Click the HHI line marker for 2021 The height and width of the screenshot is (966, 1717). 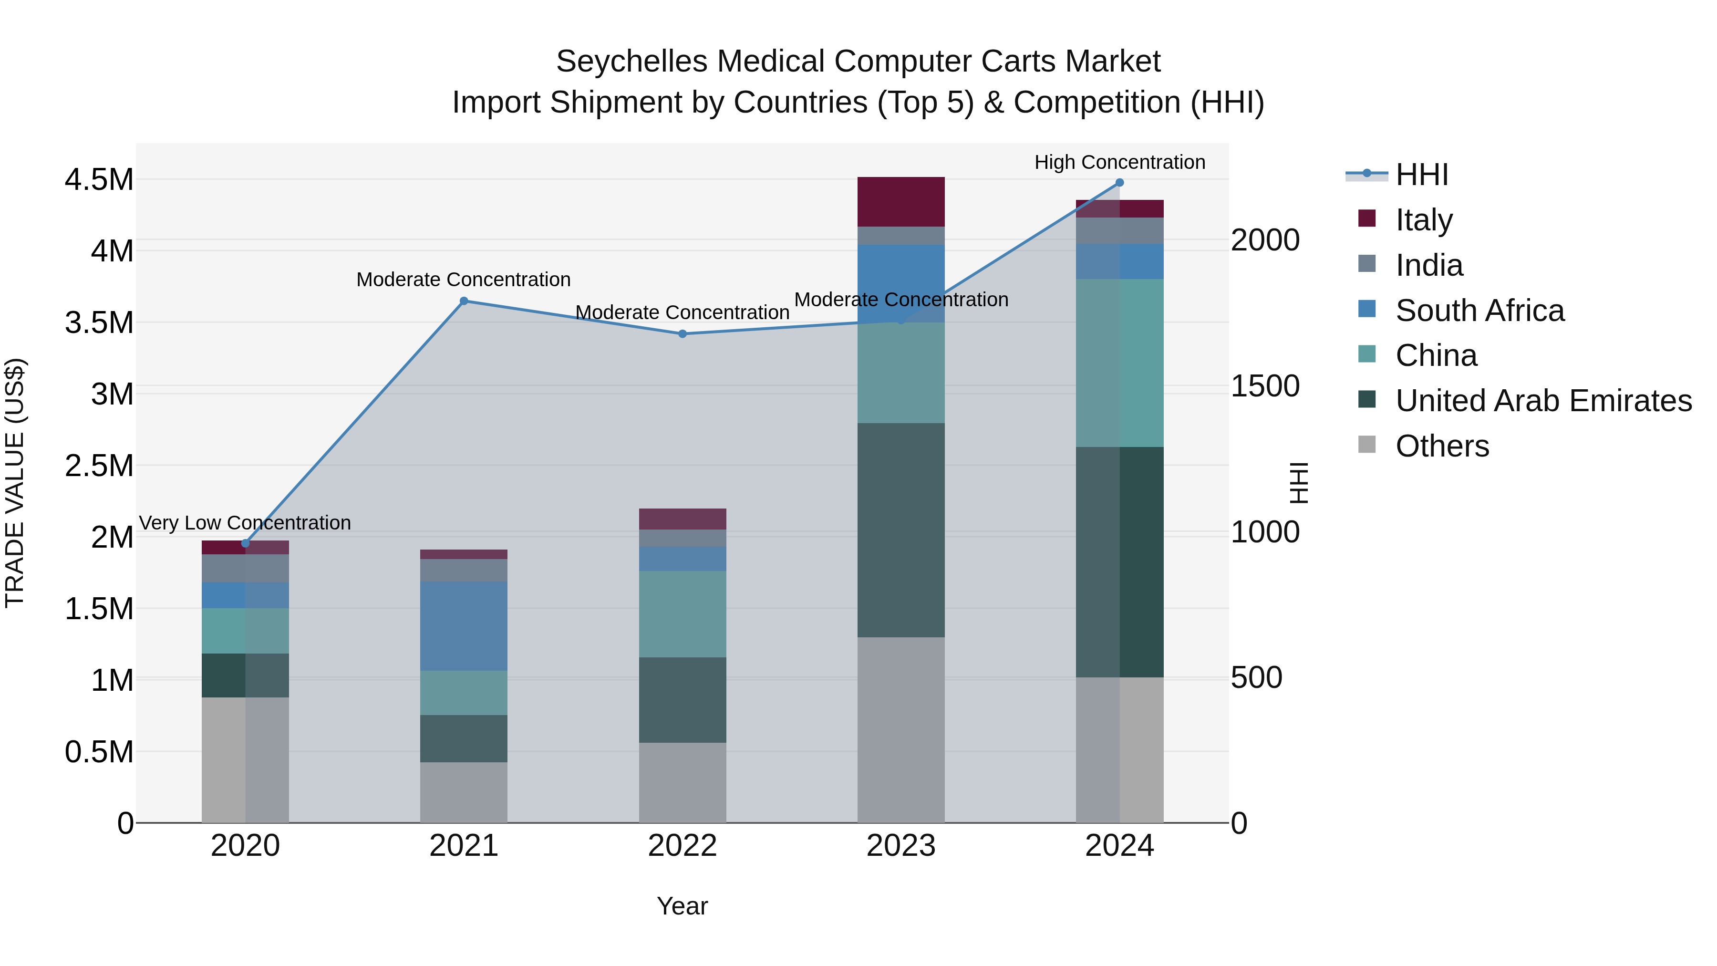(x=464, y=301)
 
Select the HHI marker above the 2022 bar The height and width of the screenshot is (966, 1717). (x=683, y=334)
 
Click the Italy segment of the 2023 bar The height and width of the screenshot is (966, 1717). (x=900, y=202)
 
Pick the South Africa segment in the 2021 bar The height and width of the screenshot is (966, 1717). (x=464, y=625)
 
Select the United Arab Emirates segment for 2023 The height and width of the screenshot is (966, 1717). (x=900, y=530)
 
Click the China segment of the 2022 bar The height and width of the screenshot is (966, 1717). (x=683, y=614)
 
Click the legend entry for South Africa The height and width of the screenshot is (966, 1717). (x=1479, y=311)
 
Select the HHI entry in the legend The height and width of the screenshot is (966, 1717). (x=1421, y=175)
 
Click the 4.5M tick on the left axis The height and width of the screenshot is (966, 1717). (x=99, y=180)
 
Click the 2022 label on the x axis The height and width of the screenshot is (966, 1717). (x=683, y=846)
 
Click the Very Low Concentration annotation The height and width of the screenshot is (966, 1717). (x=245, y=523)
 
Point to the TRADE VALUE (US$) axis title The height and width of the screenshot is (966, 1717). (x=15, y=483)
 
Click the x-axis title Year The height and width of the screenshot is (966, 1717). (x=682, y=906)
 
